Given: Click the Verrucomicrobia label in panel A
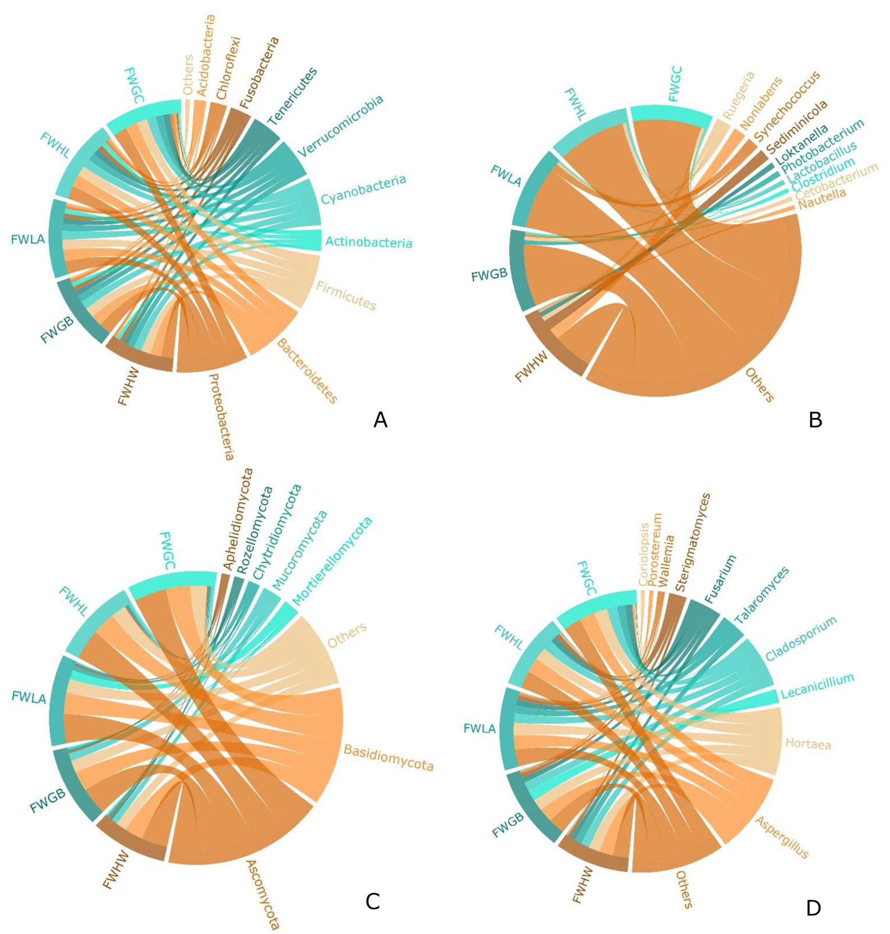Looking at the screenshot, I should (341, 126).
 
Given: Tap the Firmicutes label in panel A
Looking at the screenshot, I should (346, 296).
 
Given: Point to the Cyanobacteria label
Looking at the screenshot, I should (363, 189).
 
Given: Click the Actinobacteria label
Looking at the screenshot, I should (369, 242).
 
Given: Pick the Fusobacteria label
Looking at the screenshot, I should (259, 73).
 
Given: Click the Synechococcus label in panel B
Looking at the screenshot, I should (787, 106).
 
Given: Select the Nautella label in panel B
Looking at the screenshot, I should (822, 199).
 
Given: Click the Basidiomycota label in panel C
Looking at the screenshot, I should (388, 758).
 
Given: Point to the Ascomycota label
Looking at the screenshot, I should (263, 894).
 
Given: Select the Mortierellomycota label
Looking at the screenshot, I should (332, 561).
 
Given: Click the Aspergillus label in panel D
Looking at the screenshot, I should (782, 837).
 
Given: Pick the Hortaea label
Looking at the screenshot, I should (808, 744).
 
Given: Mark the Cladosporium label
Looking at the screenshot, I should (801, 638).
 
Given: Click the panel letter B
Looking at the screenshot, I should (815, 419).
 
